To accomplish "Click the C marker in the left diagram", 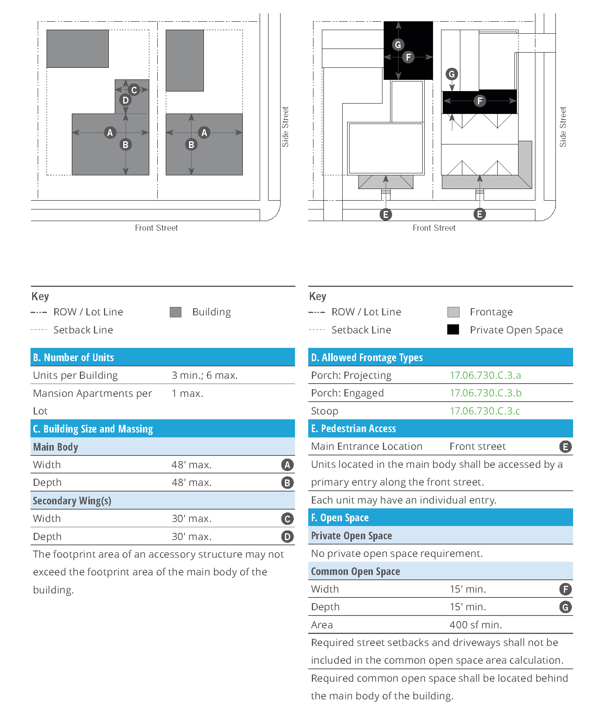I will click(x=134, y=90).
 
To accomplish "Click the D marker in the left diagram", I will click(x=126, y=100).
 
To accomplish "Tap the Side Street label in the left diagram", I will click(x=285, y=127).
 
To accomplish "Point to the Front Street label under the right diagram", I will click(x=434, y=228).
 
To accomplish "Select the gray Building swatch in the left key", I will click(x=175, y=312).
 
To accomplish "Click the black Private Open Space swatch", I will click(x=453, y=329).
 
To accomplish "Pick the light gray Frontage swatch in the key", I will click(x=453, y=312).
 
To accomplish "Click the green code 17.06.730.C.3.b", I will click(x=485, y=393).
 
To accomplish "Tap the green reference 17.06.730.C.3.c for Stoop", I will click(x=484, y=411).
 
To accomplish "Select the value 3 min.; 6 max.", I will click(x=205, y=375).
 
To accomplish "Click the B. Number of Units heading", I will click(x=73, y=357).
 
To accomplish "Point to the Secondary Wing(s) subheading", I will click(x=72, y=501).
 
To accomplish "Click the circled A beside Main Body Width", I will click(x=287, y=465).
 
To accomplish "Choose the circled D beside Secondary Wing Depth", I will click(x=287, y=536).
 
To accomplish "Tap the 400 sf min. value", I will click(x=476, y=625).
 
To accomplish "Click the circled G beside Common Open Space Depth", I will click(x=565, y=607).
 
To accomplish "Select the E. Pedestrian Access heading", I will click(x=354, y=429).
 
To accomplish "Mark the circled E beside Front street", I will click(x=565, y=447).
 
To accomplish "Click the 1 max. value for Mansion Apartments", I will click(x=187, y=393).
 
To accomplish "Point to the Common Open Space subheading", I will click(x=355, y=571).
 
